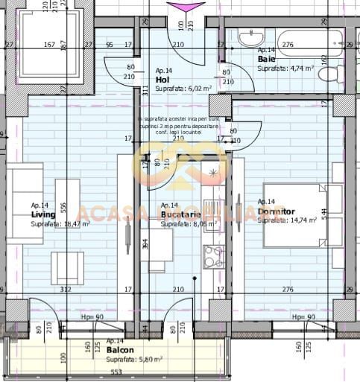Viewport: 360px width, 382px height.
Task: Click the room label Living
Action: [x=43, y=214]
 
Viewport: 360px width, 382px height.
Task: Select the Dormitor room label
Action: [x=275, y=211]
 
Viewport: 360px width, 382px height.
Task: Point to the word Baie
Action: [x=266, y=59]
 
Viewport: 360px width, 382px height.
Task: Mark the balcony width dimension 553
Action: [x=116, y=372]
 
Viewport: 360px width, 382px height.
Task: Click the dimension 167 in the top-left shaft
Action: [x=49, y=45]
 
